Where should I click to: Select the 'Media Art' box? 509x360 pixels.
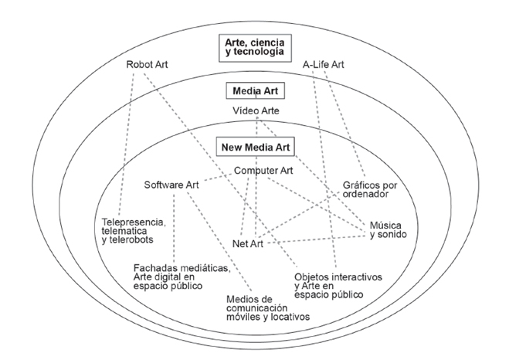[255, 90]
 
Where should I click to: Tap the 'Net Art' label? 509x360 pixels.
[249, 244]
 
